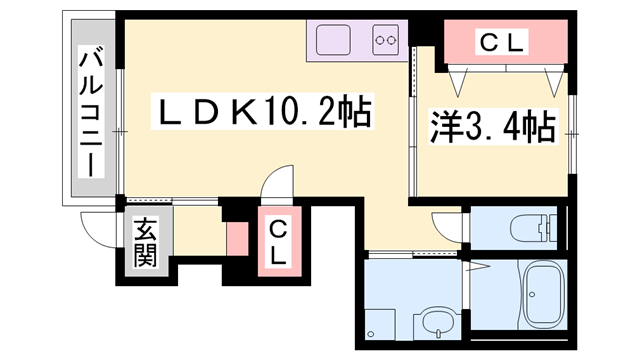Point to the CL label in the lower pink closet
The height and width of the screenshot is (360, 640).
(x=277, y=242)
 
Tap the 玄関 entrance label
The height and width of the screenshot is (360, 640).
(x=146, y=243)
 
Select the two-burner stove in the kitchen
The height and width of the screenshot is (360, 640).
(x=386, y=41)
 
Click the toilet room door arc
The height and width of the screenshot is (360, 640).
(x=449, y=226)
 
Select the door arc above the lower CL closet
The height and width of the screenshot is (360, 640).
(x=276, y=188)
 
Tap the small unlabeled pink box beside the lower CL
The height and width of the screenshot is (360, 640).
(x=238, y=241)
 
